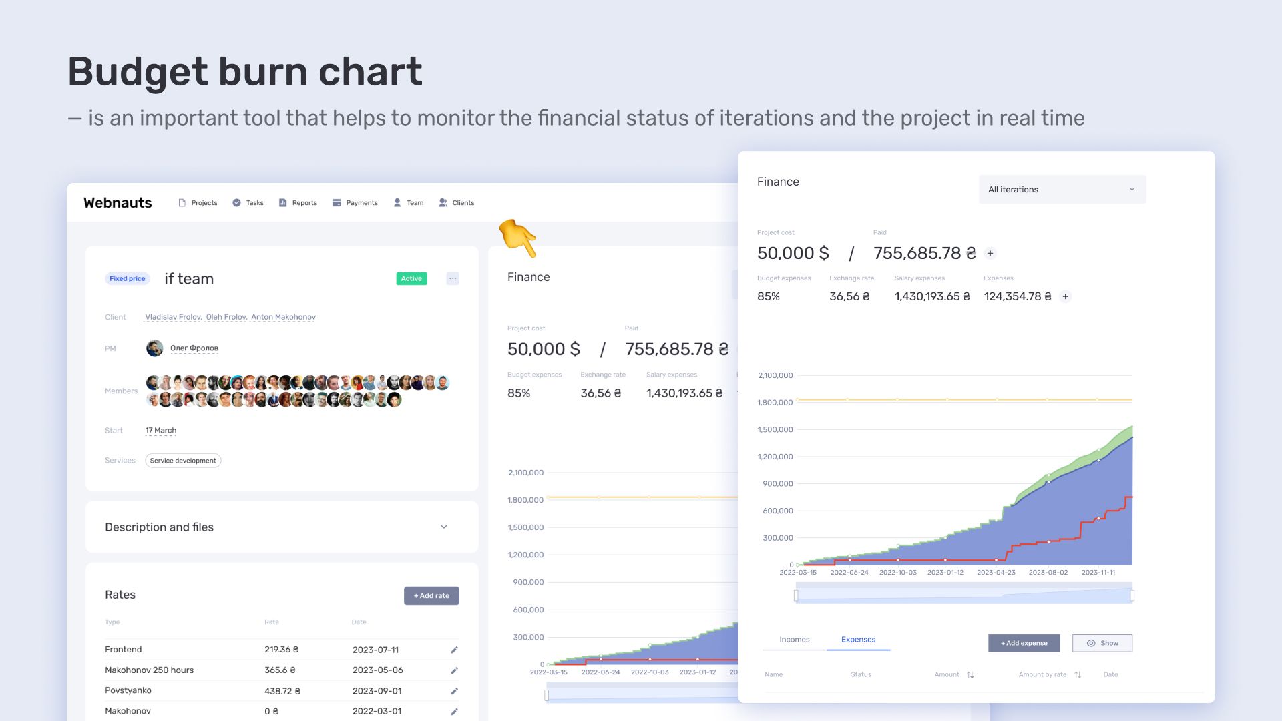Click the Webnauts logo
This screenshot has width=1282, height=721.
point(118,203)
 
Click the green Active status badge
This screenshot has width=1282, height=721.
point(411,278)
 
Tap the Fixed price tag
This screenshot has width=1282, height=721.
point(127,278)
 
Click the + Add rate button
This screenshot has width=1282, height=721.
point(431,595)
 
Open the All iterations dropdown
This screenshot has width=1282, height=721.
point(1062,190)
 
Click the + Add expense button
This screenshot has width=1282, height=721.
point(1024,643)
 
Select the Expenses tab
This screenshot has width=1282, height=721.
point(858,640)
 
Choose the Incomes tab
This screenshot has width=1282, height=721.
point(795,640)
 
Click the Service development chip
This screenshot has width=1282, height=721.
point(183,461)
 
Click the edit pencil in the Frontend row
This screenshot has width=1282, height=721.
point(455,650)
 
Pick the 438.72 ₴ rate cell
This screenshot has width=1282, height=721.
point(282,691)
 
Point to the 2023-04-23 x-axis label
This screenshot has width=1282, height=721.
point(996,573)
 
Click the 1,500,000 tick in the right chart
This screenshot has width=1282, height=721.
point(775,429)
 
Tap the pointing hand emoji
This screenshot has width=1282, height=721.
point(518,238)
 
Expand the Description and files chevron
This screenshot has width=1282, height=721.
point(444,527)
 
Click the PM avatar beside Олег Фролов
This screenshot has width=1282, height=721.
point(155,348)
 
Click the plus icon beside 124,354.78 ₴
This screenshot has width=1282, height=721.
point(1066,296)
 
